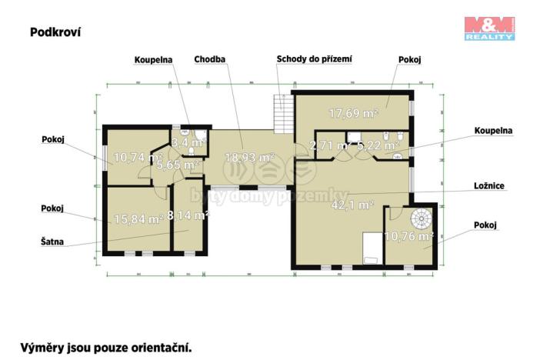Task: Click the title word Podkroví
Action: click(55, 32)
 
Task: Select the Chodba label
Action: click(209, 58)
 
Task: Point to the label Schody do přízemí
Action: click(314, 58)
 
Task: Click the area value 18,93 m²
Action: click(249, 157)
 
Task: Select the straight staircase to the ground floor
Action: click(282, 115)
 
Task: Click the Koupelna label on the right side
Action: click(493, 131)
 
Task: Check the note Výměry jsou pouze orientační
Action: click(105, 347)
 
